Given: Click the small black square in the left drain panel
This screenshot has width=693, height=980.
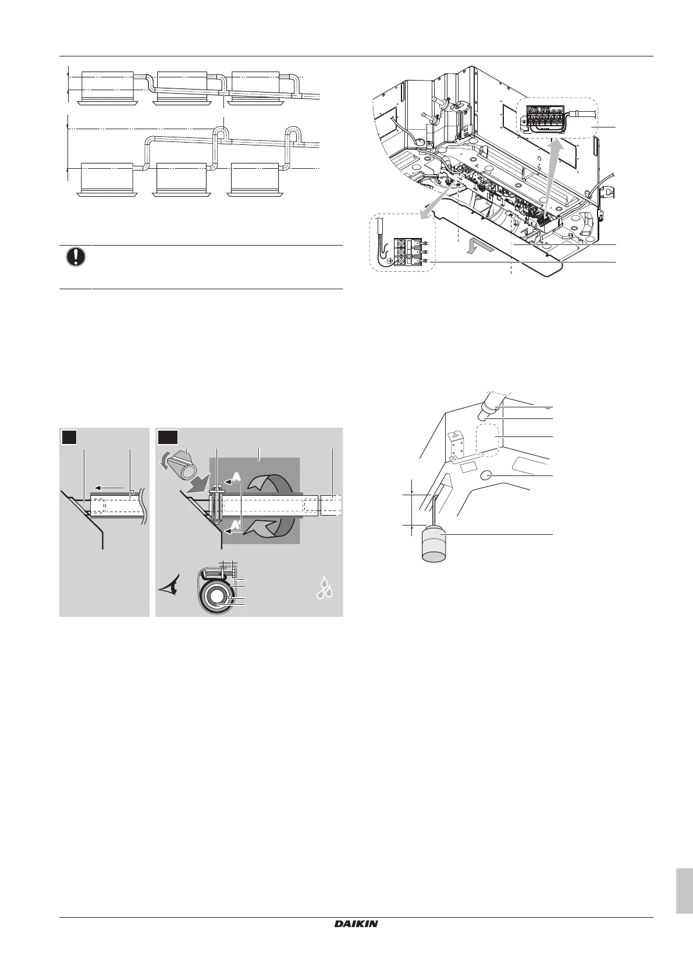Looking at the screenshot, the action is [x=70, y=436].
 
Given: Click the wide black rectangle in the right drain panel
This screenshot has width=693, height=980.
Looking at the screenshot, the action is [x=169, y=436].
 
